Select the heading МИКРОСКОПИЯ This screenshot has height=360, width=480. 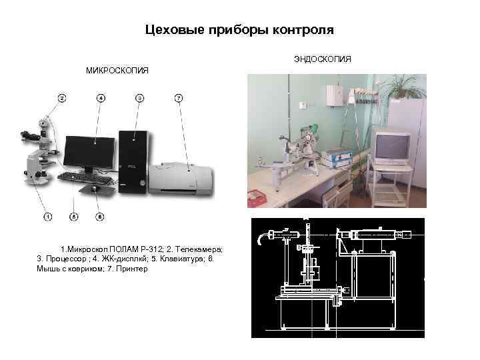click(x=116, y=70)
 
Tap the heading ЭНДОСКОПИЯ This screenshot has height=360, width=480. click(x=322, y=60)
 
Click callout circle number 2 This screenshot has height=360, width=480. click(x=61, y=98)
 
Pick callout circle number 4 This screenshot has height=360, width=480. click(x=101, y=98)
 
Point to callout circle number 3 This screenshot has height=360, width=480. click(x=139, y=98)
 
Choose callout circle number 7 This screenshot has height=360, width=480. click(x=178, y=98)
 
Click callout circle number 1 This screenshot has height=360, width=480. click(x=48, y=216)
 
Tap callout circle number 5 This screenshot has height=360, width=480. click(x=74, y=216)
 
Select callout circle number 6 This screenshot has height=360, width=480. click(x=99, y=216)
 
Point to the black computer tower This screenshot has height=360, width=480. click(x=133, y=160)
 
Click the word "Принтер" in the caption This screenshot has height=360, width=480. click(x=133, y=268)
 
